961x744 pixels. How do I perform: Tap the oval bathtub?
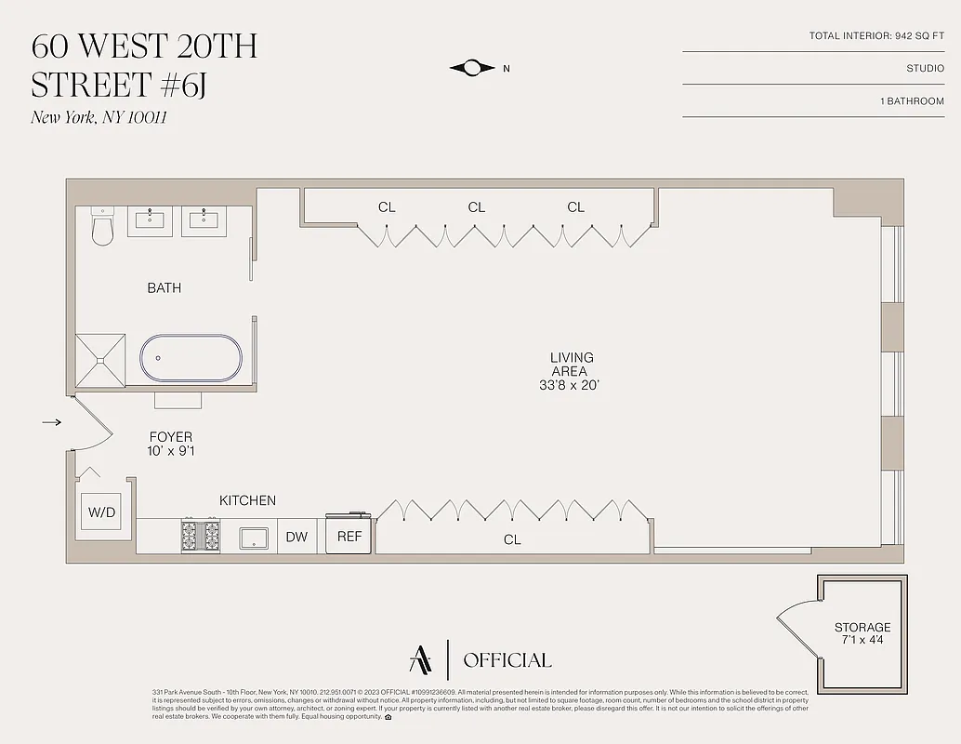191,358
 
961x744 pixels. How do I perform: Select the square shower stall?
100,358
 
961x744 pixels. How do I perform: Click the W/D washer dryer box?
101,512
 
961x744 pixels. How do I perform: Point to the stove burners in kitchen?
201,537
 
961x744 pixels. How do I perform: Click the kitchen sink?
254,538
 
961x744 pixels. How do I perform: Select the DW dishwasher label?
296,537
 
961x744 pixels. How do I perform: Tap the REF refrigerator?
349,537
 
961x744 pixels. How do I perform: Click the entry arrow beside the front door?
52,422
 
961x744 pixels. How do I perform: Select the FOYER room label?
171,436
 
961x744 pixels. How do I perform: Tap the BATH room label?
165,288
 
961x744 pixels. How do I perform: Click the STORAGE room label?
862,628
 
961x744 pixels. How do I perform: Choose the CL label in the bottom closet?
512,539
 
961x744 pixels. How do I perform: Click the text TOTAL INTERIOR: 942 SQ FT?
876,36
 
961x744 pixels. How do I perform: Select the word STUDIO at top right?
925,68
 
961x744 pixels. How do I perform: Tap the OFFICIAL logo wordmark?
507,660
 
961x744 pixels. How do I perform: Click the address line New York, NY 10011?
99,117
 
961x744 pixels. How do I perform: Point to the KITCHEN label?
247,500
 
